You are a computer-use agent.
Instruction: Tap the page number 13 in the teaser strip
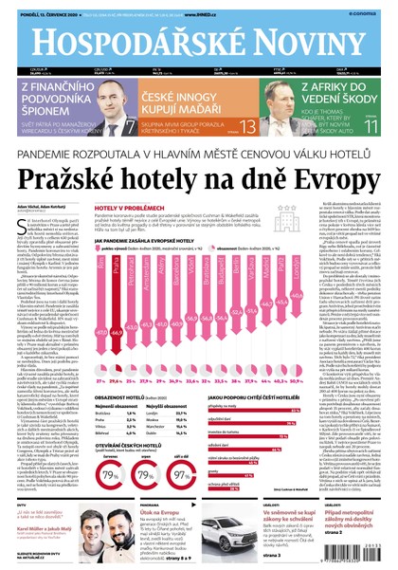(247, 126)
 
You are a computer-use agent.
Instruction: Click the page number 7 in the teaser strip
(131, 127)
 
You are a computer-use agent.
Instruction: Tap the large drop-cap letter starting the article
(23, 224)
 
